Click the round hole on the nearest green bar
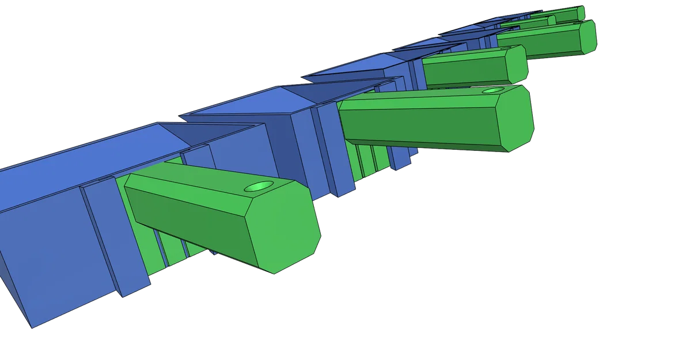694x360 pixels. [259, 187]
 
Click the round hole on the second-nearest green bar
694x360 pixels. [492, 90]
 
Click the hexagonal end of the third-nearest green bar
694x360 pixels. [515, 63]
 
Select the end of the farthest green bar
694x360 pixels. [581, 13]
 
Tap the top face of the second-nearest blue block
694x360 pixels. [242, 104]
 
